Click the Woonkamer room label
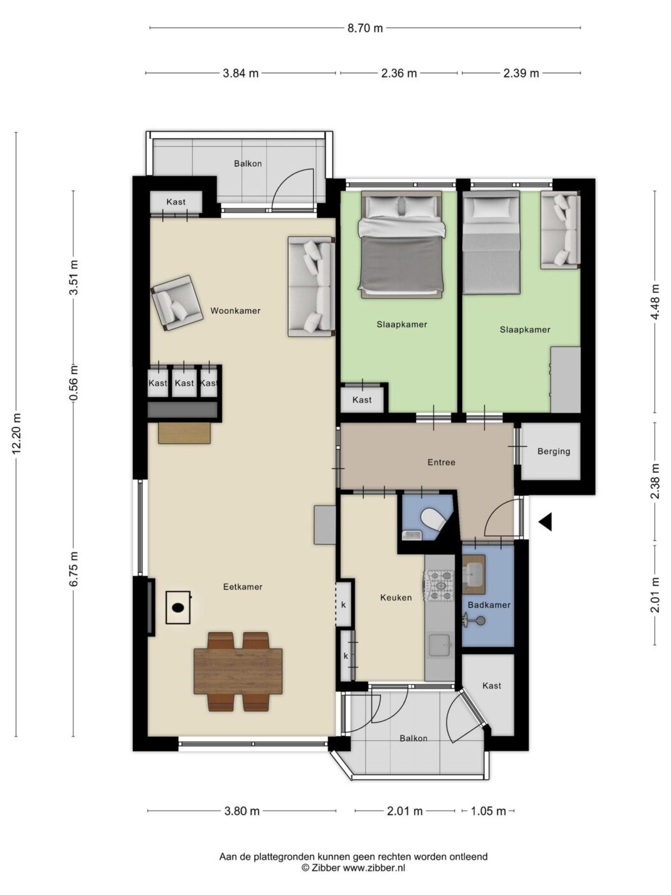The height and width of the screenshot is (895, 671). [235, 311]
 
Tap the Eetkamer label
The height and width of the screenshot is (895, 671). [242, 587]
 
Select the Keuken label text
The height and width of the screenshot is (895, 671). [396, 598]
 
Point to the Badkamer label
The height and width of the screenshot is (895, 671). [488, 605]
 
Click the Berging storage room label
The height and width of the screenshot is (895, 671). [553, 451]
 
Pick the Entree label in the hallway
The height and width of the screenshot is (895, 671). [441, 462]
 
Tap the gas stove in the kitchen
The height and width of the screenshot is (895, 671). [440, 586]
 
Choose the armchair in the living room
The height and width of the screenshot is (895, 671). [177, 303]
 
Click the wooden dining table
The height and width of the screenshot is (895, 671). [238, 671]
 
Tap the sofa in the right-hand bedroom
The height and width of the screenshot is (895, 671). [560, 230]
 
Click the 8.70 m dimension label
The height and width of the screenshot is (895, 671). [365, 28]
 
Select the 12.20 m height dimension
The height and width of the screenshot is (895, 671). [17, 433]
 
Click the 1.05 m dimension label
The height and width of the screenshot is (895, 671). [488, 811]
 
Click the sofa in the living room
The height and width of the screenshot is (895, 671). [311, 286]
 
